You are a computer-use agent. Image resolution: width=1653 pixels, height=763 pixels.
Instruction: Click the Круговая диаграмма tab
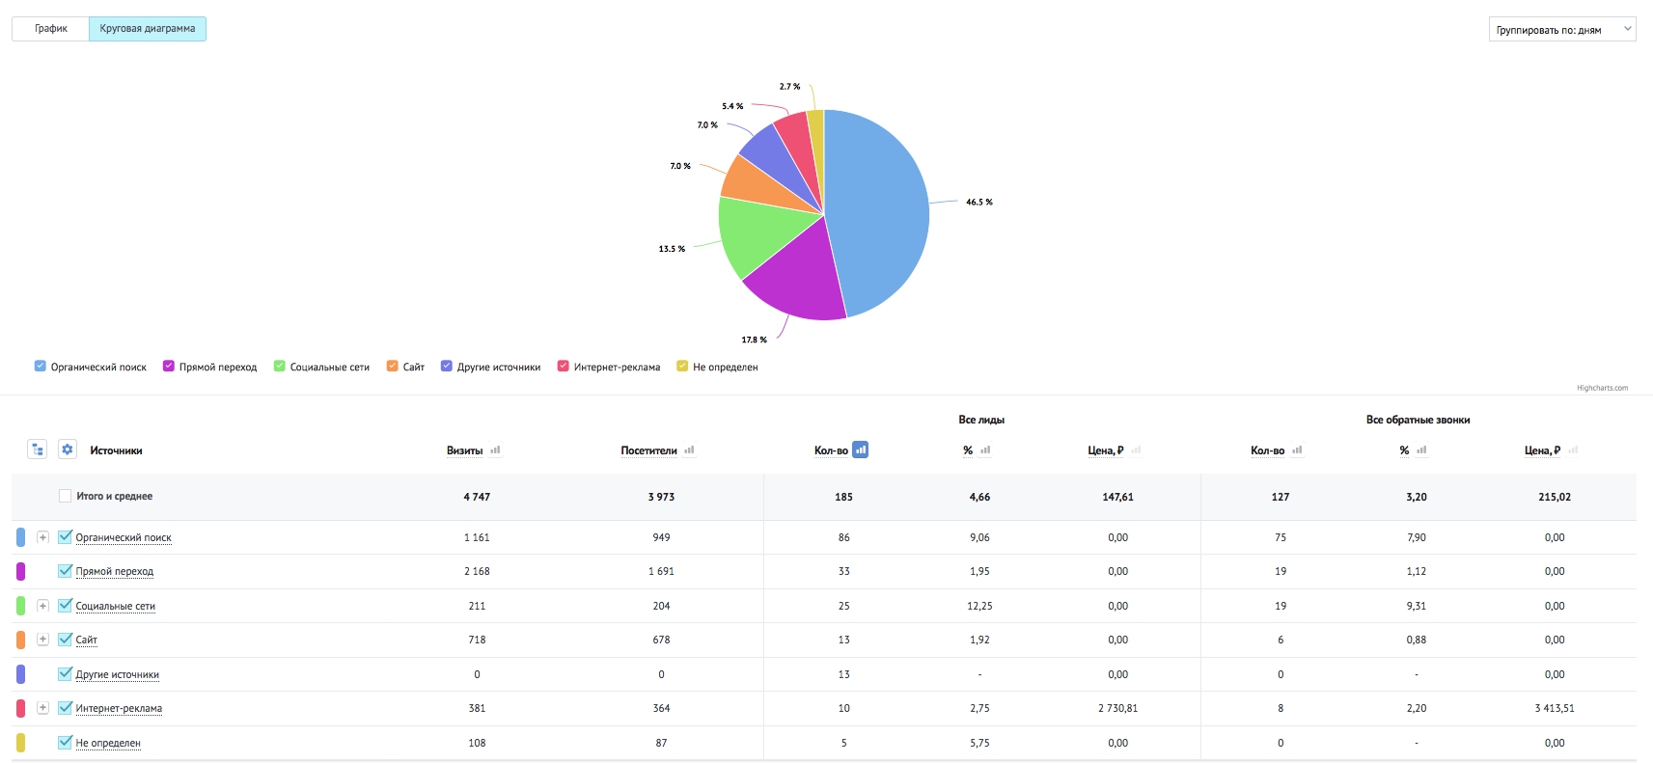tap(147, 29)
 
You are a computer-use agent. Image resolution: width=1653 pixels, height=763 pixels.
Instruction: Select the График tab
tap(51, 29)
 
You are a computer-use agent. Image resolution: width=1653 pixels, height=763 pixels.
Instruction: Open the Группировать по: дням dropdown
tap(1561, 30)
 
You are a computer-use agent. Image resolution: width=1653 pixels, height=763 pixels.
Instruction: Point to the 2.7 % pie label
tap(789, 87)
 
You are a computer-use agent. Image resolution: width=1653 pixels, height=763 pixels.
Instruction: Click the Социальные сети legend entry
tap(321, 367)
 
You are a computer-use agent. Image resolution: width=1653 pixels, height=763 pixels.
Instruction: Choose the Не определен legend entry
tap(717, 367)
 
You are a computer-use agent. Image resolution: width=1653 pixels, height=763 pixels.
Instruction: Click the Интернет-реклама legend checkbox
tap(563, 366)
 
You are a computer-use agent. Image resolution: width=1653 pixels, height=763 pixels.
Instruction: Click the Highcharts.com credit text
tap(1602, 388)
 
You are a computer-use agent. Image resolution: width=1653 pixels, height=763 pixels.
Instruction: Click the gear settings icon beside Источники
tap(68, 450)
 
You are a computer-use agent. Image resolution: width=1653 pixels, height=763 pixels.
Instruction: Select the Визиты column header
tap(464, 450)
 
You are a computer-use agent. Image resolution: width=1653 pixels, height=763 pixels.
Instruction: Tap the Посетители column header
tap(648, 450)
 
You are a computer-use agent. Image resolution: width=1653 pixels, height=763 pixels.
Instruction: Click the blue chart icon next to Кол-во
tap(861, 450)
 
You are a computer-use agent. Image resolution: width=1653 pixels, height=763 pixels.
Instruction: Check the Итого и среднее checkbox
tap(65, 496)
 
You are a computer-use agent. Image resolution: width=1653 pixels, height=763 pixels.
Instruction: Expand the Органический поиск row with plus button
tap(42, 537)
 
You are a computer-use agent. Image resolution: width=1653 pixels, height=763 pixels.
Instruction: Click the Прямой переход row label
tap(115, 571)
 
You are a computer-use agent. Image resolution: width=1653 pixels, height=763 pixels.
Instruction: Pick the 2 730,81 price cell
tap(1117, 708)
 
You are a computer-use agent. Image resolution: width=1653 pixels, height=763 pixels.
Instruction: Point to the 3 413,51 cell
tap(1555, 708)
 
